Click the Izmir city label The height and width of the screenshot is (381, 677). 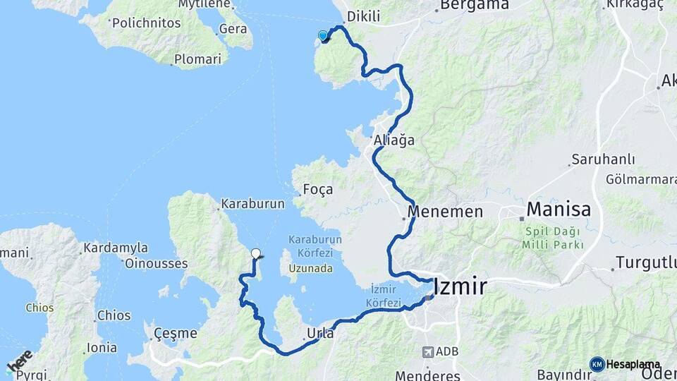[461, 287]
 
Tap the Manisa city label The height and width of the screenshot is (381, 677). [559, 210]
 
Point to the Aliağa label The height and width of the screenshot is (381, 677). [394, 140]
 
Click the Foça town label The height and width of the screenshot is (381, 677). [317, 190]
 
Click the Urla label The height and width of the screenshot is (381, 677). [321, 333]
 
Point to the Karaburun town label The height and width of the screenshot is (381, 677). [252, 204]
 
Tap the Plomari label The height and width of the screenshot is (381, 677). [198, 59]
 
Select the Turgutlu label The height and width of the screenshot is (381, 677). [645, 262]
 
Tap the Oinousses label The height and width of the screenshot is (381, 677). [156, 264]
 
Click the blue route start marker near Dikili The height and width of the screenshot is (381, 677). [323, 36]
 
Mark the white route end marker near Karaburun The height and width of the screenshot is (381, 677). [256, 253]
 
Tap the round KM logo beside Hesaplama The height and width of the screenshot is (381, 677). [597, 364]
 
